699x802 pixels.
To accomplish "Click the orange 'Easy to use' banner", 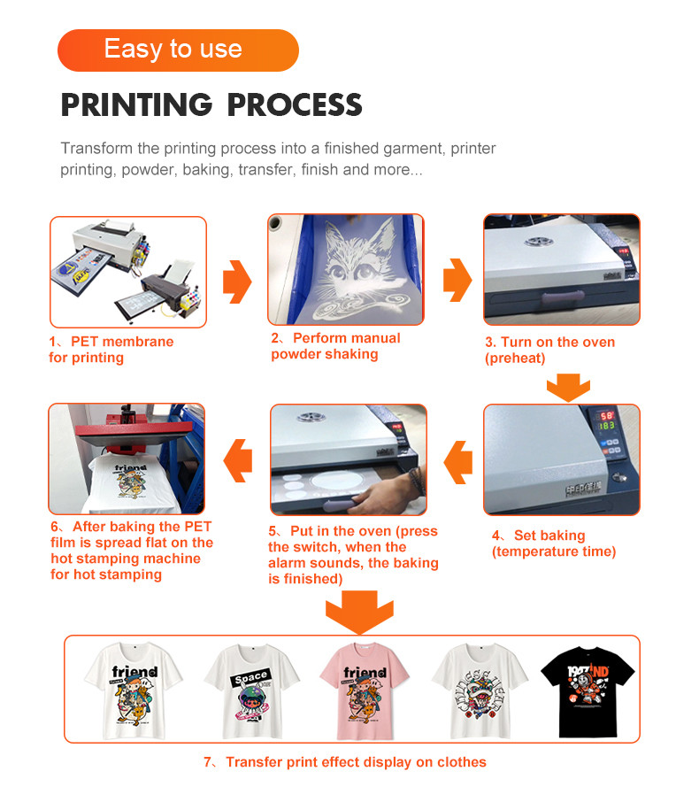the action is coord(178,50).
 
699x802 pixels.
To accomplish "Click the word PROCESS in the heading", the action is coord(295,104).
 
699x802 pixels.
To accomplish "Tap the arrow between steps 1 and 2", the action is coord(237,281).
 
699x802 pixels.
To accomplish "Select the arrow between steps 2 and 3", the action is coord(457,280).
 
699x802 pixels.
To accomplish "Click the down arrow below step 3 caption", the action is coord(568,387).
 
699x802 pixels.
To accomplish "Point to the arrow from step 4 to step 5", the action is coord(457,462).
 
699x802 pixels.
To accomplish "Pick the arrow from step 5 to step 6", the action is coord(238,460).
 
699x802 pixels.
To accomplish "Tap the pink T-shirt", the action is coord(365,690).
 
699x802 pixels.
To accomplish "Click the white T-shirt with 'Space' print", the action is coord(252,691).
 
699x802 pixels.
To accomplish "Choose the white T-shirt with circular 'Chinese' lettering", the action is coord(480,691).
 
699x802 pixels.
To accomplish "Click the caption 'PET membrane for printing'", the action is coord(111,350).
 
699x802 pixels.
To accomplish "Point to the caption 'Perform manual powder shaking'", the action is coord(335,346).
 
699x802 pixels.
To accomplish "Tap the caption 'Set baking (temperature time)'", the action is coord(554,544).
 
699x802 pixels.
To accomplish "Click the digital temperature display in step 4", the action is coord(606,421).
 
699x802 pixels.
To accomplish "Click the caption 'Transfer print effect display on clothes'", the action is coord(345,762).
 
